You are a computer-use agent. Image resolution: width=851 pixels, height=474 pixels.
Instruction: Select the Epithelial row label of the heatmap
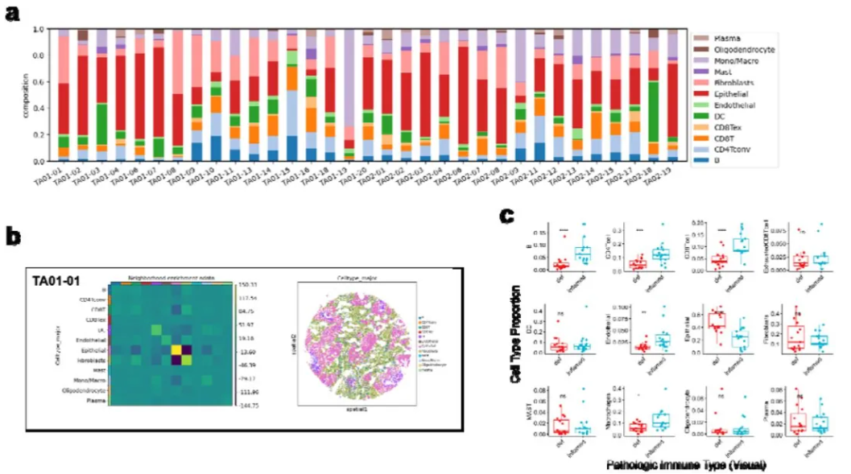90,350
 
